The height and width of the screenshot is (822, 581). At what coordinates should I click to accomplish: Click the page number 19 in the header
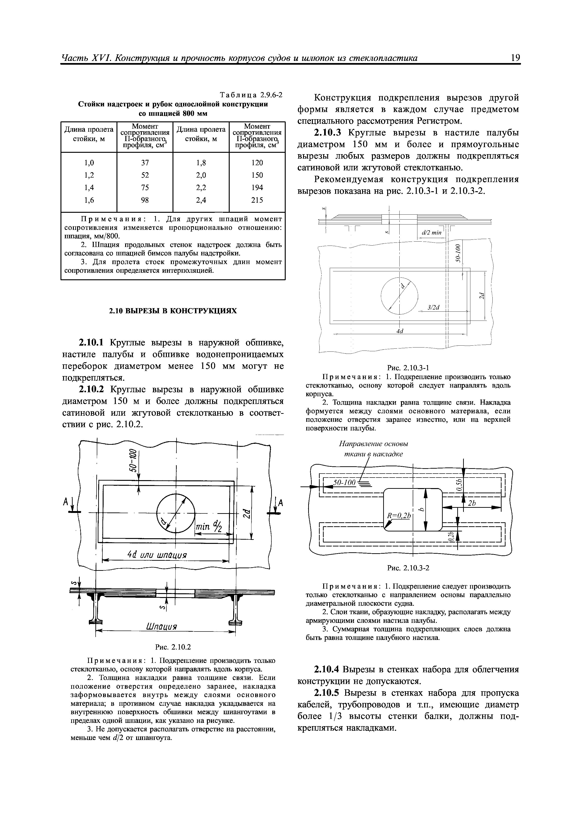[515, 58]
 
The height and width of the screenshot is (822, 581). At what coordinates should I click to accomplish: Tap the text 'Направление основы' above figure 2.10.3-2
[374, 444]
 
